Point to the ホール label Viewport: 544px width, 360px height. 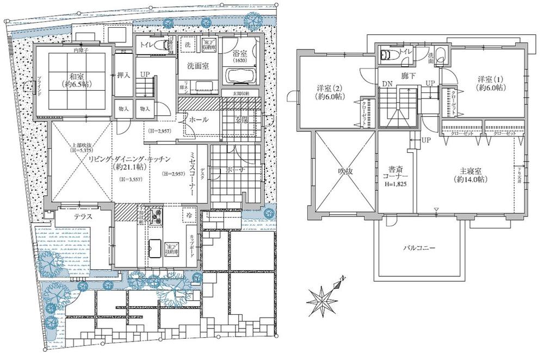[x=198, y=120]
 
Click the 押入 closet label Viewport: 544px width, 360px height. [x=123, y=75]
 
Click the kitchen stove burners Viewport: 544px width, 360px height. [x=156, y=216]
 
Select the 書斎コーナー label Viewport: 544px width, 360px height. [x=395, y=174]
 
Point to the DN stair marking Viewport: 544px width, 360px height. [x=386, y=84]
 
